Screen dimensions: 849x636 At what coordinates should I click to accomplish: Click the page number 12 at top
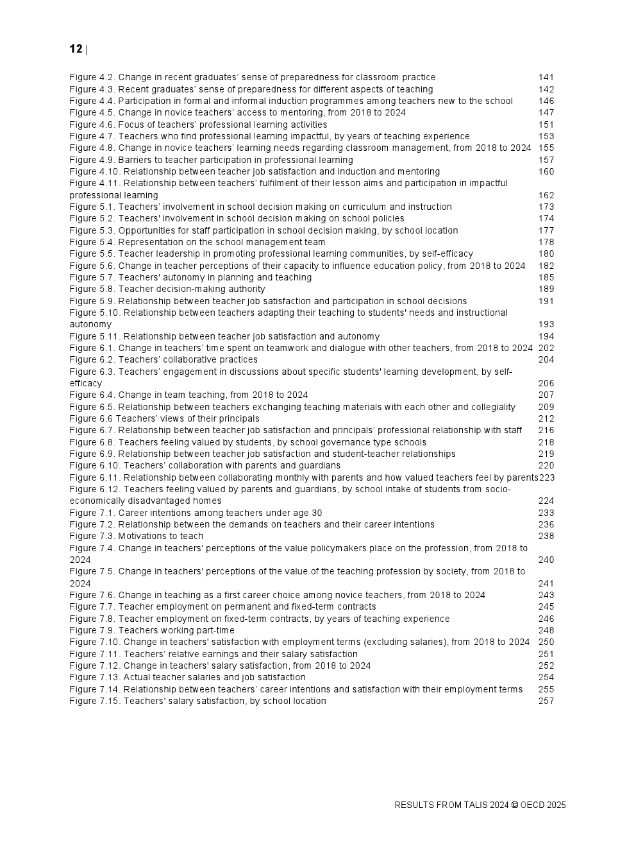click(x=76, y=49)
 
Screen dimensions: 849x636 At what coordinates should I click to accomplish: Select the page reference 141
click(x=546, y=78)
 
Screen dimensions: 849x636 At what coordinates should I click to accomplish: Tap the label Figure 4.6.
click(x=92, y=124)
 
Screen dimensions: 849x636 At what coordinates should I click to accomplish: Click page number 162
click(x=546, y=195)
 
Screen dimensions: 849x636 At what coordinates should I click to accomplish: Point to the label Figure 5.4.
click(x=92, y=242)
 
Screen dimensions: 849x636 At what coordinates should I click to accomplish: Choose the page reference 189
click(x=546, y=289)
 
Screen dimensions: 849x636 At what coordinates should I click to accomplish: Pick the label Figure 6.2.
click(x=92, y=360)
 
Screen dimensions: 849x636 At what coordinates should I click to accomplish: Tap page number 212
click(x=546, y=419)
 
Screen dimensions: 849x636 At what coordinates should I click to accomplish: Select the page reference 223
click(x=547, y=477)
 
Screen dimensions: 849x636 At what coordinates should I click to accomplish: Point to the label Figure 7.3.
click(x=92, y=536)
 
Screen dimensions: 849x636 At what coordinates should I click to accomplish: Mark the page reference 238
click(x=546, y=536)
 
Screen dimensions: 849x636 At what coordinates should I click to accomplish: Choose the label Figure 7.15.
click(x=95, y=701)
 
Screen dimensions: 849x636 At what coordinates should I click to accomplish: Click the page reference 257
click(x=546, y=701)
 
